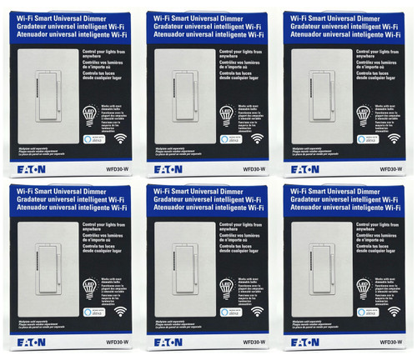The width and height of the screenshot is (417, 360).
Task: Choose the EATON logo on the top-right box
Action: [x=306, y=166]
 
